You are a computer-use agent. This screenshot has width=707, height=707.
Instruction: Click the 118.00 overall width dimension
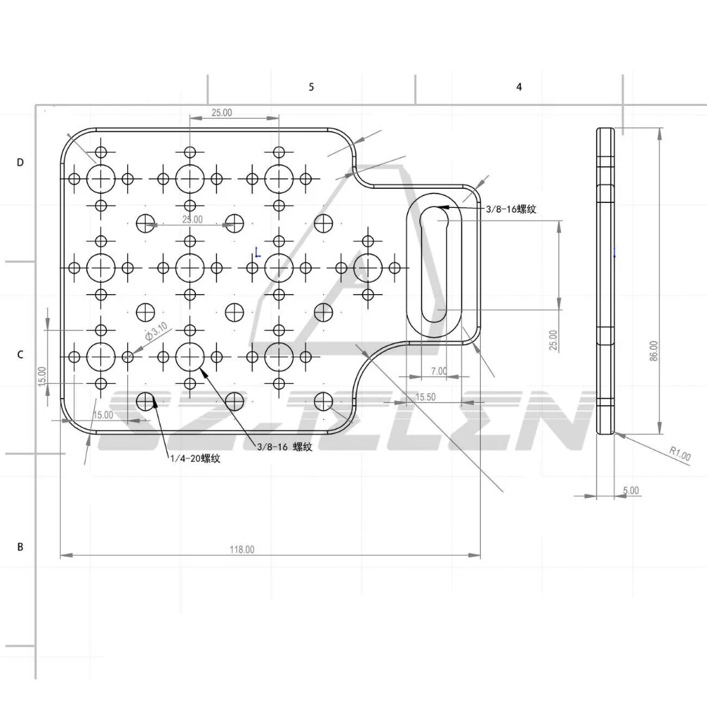pos(242,549)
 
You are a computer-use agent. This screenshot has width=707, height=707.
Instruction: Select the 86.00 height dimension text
pos(654,351)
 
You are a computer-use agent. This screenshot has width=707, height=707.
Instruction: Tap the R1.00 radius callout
pos(679,453)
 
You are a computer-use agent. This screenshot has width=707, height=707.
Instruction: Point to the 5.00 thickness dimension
pos(631,490)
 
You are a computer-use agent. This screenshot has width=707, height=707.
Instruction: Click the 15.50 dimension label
pos(425,397)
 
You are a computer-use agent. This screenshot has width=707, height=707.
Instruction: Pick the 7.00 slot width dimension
pos(439,371)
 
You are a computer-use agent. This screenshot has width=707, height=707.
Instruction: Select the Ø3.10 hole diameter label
pos(156,332)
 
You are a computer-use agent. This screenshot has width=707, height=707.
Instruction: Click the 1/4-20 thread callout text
pos(195,459)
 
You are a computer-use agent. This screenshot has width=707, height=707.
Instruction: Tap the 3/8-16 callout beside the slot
pos(511,209)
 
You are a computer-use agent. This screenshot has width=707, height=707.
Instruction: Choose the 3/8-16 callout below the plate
pos(284,447)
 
